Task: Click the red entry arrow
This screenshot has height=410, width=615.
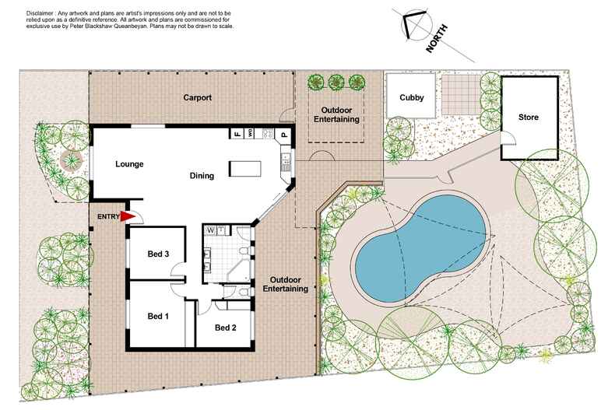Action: tap(128, 218)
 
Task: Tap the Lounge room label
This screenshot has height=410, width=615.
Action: tap(129, 164)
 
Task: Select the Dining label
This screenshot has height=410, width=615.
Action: tap(202, 176)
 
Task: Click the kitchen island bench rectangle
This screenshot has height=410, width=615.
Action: tap(244, 168)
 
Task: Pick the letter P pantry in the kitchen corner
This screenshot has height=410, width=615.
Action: tap(284, 135)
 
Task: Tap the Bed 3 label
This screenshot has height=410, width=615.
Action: tap(159, 253)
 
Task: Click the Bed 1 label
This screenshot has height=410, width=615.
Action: tap(159, 316)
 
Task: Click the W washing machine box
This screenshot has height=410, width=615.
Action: tap(210, 230)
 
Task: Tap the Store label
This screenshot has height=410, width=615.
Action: tap(529, 117)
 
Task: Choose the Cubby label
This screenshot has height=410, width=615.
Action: tap(411, 98)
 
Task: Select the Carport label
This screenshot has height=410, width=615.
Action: tap(198, 98)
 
